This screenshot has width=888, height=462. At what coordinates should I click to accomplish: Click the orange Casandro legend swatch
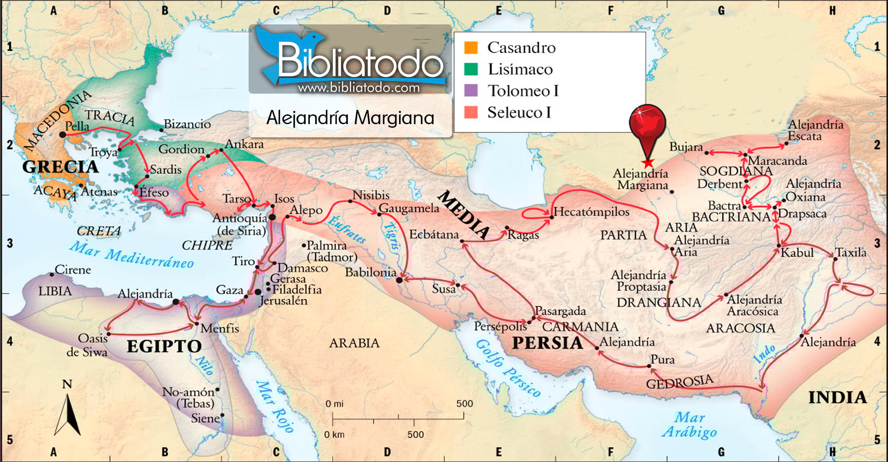[471, 47]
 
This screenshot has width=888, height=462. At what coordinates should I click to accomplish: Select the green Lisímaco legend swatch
[471, 69]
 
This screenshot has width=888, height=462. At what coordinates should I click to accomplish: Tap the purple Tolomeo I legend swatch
[471, 90]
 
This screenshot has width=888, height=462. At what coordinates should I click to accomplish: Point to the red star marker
[648, 163]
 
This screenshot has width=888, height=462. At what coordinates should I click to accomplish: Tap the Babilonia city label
[371, 272]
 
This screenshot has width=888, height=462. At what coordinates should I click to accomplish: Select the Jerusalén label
[283, 301]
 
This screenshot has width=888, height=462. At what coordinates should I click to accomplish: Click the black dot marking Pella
[63, 134]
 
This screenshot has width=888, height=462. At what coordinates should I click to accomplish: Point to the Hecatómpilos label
[591, 212]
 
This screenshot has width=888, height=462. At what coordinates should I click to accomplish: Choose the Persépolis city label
[500, 326]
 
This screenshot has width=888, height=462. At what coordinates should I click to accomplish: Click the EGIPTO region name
[164, 346]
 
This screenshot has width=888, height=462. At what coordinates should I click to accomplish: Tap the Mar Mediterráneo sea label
[132, 255]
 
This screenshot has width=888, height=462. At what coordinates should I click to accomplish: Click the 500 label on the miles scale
[464, 404]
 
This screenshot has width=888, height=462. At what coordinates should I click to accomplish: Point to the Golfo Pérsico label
[508, 368]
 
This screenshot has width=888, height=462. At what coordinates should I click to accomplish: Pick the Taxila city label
[851, 252]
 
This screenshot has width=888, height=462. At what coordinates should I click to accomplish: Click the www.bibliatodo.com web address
[359, 88]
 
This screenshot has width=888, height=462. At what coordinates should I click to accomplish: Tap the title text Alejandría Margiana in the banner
[350, 118]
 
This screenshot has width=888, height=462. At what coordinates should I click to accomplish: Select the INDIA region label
[837, 398]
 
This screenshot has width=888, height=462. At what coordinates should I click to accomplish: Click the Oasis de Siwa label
[87, 345]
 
